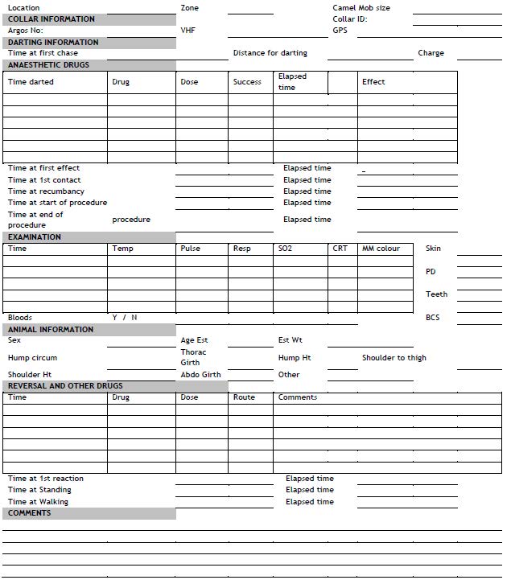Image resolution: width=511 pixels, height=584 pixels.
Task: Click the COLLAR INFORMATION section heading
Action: coord(51,19)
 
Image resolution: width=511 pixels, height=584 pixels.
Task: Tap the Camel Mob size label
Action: coord(361,8)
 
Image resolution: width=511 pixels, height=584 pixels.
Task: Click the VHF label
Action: coord(188,31)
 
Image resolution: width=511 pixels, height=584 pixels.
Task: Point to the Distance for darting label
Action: coord(270,53)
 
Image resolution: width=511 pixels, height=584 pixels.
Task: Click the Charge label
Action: coord(431,53)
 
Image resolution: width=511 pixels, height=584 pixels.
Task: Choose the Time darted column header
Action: coord(31,82)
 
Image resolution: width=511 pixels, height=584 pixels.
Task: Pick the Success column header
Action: coord(247,82)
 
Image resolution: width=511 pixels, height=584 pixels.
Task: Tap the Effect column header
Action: coord(373,82)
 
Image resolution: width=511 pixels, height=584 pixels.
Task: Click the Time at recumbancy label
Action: coord(46,191)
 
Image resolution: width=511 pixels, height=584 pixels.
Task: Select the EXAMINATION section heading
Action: coord(35,237)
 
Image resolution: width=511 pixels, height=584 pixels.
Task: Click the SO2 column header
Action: coord(285,249)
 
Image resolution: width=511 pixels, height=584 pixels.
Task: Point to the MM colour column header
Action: coord(381,249)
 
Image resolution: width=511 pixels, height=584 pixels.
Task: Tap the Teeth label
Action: coord(436,294)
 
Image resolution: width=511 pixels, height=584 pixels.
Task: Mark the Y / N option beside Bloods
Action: coord(125,318)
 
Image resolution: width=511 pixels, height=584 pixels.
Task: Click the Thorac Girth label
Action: coord(193,358)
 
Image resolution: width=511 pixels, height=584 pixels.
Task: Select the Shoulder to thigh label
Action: coord(394,358)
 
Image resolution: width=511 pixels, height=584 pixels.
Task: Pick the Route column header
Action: coord(244,397)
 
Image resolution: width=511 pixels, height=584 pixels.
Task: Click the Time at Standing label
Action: coord(39,490)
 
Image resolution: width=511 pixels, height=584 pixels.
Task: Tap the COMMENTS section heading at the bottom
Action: coord(29,513)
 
